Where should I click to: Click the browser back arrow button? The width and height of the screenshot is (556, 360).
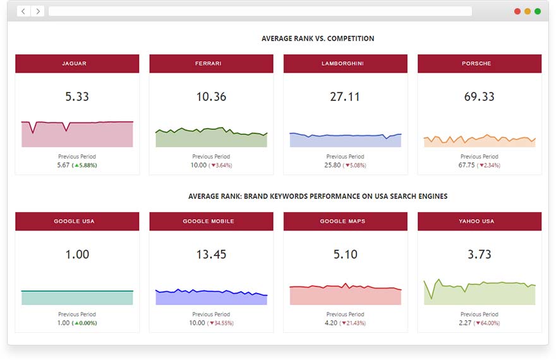24,11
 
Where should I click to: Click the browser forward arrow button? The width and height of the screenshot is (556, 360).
38,11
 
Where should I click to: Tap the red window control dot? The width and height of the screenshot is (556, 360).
517,11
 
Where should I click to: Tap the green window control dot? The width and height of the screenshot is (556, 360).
538,11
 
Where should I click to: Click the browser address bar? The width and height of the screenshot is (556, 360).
260,11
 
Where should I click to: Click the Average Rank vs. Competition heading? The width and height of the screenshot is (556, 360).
318,39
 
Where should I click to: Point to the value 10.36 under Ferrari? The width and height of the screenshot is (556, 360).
211,97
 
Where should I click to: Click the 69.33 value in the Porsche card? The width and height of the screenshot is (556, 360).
480,97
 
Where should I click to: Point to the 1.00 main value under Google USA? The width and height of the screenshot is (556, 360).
77,255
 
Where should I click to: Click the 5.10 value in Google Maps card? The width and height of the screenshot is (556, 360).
345,255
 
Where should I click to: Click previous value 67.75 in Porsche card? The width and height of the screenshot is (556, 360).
468,165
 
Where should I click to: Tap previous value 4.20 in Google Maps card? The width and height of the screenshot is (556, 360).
332,323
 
